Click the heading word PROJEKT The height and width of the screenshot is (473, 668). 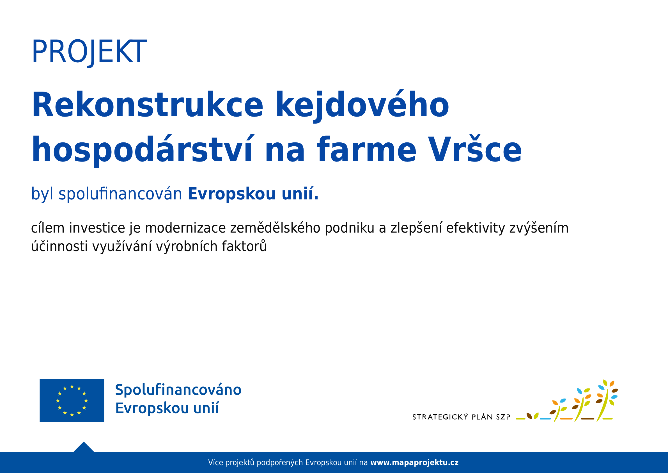click(x=89, y=52)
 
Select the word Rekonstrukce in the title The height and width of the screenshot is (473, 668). click(x=147, y=105)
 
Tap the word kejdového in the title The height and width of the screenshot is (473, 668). click(x=362, y=106)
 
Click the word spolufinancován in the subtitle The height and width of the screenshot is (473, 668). click(x=120, y=194)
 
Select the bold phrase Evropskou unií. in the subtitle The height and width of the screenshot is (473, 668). click(x=253, y=194)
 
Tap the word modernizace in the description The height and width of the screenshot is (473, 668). click(x=185, y=228)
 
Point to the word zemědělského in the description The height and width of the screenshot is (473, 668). click(x=275, y=228)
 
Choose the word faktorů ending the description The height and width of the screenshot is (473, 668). click(x=244, y=246)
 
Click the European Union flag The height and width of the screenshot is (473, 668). click(x=72, y=401)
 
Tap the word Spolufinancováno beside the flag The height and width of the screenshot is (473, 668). click(x=178, y=390)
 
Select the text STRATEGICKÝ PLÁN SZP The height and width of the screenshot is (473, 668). click(x=461, y=417)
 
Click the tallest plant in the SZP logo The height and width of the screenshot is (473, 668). click(x=607, y=401)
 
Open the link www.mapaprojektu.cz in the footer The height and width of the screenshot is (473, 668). click(x=414, y=463)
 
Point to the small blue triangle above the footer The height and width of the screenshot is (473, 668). click(x=84, y=447)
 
